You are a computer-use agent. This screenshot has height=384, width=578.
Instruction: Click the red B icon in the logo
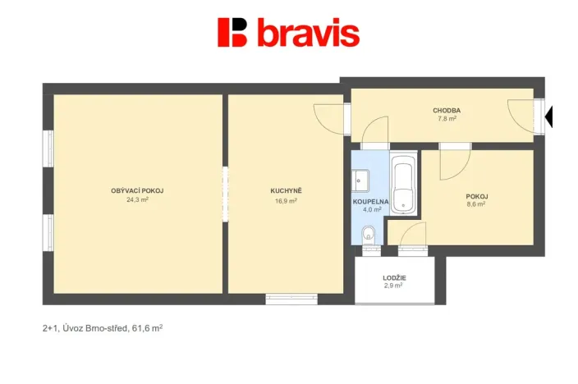tap(232, 32)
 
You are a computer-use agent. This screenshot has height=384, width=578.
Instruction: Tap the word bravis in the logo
tap(308, 33)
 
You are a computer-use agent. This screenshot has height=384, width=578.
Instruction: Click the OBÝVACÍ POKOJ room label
tap(137, 191)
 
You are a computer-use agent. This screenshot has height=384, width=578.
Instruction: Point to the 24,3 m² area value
tap(137, 199)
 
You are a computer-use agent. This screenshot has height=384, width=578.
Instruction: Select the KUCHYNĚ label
tap(286, 191)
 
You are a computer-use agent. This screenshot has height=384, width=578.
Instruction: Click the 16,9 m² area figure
tap(286, 199)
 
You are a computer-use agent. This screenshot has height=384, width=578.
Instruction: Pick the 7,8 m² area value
tap(447, 119)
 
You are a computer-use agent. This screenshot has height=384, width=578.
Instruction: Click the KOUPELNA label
tap(371, 201)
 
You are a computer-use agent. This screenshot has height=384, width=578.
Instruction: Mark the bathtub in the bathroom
tap(402, 185)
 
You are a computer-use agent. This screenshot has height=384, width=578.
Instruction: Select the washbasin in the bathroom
tap(362, 178)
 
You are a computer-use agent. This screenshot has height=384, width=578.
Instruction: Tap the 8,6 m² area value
tap(476, 204)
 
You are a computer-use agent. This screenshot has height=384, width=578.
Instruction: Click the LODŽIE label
tap(394, 278)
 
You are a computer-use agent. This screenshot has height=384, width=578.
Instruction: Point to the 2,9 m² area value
tap(394, 286)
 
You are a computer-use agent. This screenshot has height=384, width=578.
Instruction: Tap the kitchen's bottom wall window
tap(291, 299)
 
